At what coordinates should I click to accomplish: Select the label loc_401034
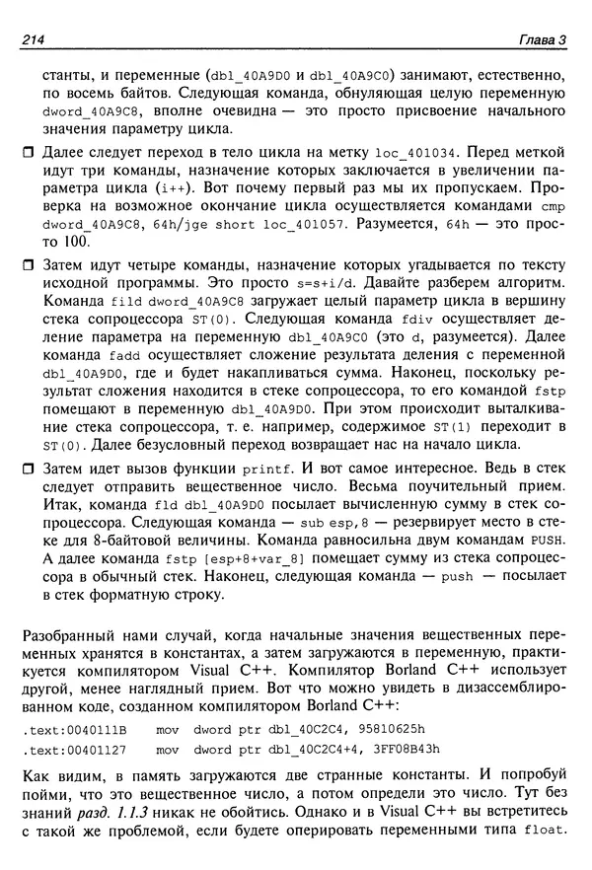click(x=414, y=155)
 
